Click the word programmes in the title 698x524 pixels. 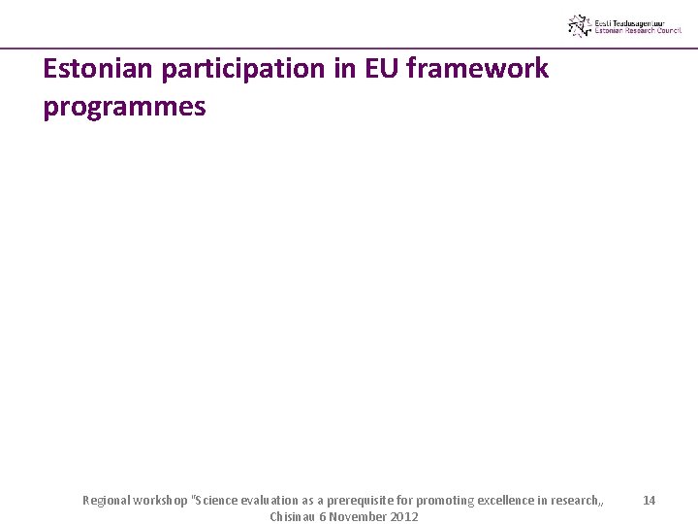click(x=124, y=106)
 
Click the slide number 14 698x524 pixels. click(x=649, y=500)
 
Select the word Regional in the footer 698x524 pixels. click(x=107, y=501)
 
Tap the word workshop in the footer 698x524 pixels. click(x=163, y=501)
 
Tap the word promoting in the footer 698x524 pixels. click(x=445, y=501)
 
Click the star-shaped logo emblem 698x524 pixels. click(x=580, y=25)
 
